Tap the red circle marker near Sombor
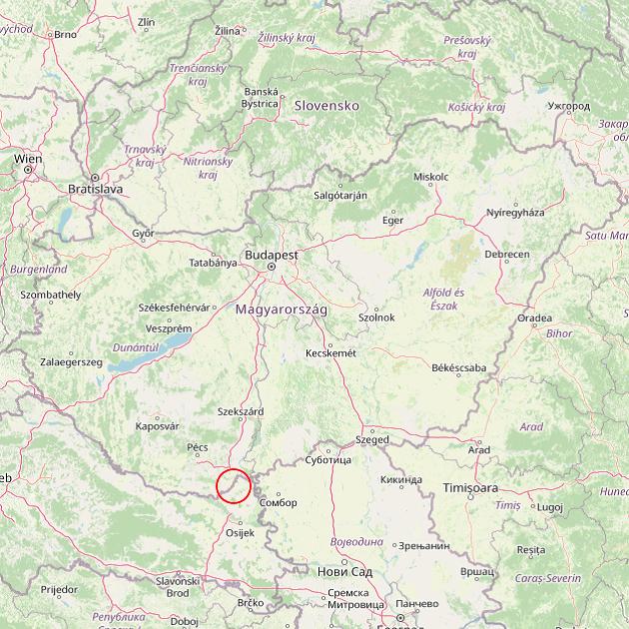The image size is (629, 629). coord(234,486)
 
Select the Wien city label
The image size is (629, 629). coord(28,159)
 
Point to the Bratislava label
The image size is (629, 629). coord(95,188)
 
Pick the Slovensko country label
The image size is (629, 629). coord(325,105)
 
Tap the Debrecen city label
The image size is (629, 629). coord(507,255)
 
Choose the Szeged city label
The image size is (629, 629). coord(372,439)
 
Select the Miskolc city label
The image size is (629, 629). coord(430,177)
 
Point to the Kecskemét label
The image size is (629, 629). coord(331,352)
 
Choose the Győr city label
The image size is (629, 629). coord(144,233)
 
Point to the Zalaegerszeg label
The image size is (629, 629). coord(71,361)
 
